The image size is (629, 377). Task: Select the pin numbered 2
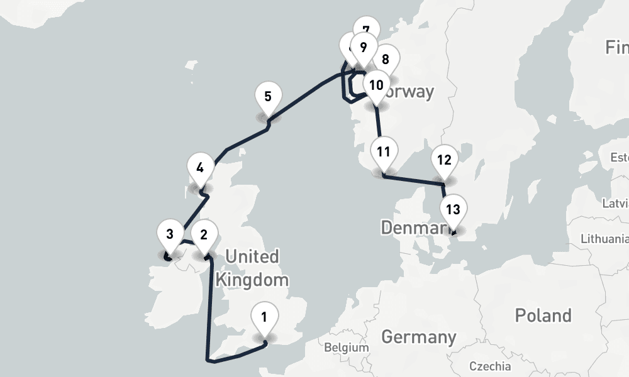click(x=204, y=236)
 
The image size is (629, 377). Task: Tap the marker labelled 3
click(x=170, y=236)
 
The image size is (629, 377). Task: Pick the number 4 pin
click(x=200, y=168)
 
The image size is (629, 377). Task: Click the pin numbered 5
click(x=268, y=97)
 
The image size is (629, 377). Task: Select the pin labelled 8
click(x=386, y=60)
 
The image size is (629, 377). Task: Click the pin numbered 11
click(x=384, y=151)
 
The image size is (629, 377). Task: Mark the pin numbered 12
click(x=444, y=160)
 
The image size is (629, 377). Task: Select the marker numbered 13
click(x=453, y=210)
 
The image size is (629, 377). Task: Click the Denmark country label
click(x=412, y=227)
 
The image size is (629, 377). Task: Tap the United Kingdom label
click(x=252, y=268)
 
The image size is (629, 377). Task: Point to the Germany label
click(x=418, y=337)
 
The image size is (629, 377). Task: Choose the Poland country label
click(x=543, y=315)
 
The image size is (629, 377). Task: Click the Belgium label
click(x=347, y=347)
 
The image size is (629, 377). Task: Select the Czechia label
click(x=490, y=366)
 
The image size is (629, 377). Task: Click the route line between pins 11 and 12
click(x=414, y=180)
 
